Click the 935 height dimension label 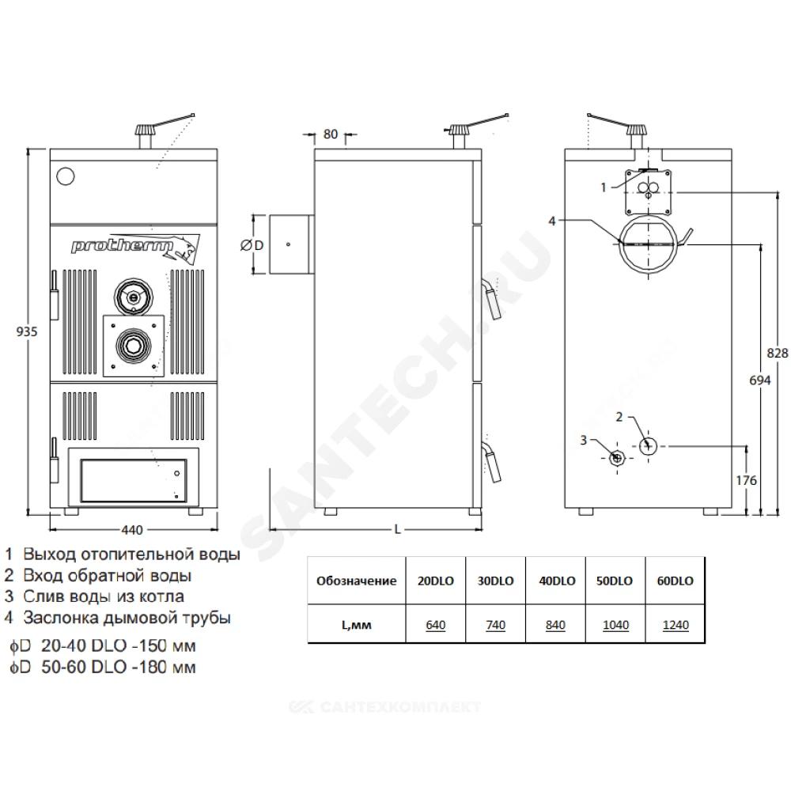[x=27, y=331]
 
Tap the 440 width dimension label [x=132, y=530]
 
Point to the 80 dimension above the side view [x=331, y=134]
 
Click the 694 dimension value [x=759, y=380]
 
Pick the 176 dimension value [x=746, y=480]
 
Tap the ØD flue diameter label [x=252, y=245]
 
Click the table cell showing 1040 [x=615, y=625]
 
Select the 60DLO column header [x=675, y=581]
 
